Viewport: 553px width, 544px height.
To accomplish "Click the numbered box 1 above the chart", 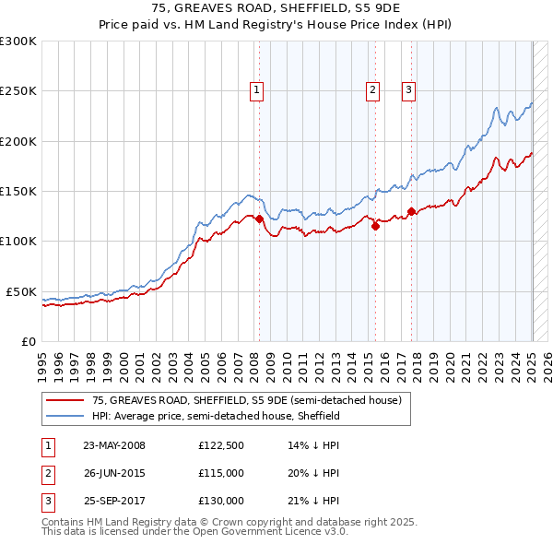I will (255, 90).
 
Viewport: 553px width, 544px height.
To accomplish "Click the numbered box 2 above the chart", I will (372, 90).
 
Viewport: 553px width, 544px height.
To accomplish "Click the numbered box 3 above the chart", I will (407, 90).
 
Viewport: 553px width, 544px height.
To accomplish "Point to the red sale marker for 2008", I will (259, 219).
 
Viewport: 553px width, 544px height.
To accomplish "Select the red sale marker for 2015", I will (376, 226).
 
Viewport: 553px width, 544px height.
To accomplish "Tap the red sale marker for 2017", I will (411, 211).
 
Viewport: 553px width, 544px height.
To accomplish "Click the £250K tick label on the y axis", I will (18, 91).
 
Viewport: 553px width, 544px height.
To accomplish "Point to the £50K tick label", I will (21, 291).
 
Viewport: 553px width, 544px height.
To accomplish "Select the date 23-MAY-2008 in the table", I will (114, 445).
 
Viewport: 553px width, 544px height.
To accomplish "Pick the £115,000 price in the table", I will (220, 473).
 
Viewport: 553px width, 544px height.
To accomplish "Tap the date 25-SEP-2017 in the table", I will (114, 501).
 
